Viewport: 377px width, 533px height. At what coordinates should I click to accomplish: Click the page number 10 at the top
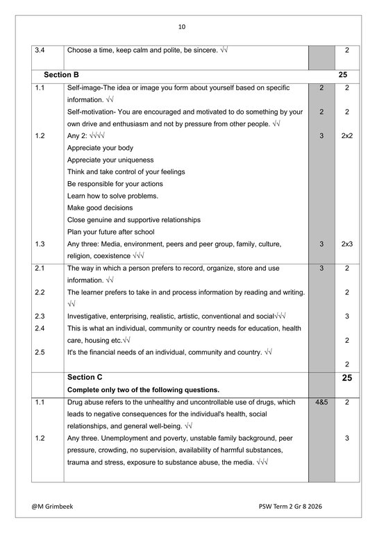[182, 27]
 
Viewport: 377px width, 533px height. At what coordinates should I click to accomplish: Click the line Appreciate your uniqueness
[108, 160]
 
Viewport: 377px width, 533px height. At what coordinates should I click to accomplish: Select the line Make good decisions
[99, 208]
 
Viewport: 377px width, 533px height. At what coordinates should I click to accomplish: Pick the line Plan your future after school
[110, 232]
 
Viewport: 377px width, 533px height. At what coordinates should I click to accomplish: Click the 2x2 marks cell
[347, 136]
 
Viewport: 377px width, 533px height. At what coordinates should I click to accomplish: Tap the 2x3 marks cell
[347, 244]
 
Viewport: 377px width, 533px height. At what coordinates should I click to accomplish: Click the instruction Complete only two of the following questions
[143, 389]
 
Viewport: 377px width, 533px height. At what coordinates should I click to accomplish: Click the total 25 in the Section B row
[343, 74]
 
